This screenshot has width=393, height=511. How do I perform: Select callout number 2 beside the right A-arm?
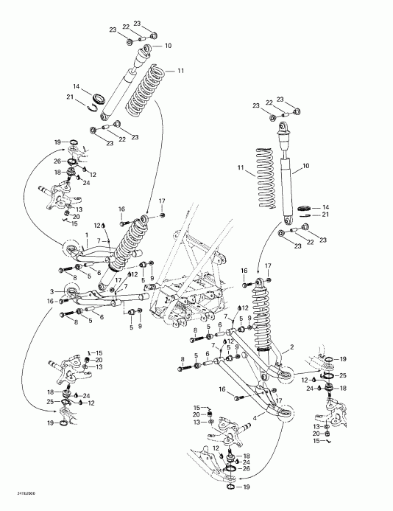coord(292,346)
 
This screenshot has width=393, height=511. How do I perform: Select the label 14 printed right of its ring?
coord(326,207)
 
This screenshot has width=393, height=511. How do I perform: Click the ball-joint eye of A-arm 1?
coord(71,248)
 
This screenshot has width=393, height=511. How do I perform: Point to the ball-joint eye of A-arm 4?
coord(285,414)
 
